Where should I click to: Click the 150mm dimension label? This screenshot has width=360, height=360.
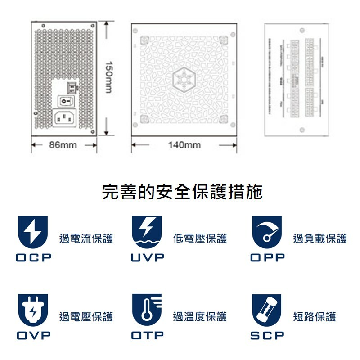point(108,77)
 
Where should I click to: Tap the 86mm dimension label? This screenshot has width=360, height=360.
point(63,145)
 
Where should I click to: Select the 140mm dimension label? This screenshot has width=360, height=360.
point(184,145)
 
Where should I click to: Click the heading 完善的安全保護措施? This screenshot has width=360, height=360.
point(182,192)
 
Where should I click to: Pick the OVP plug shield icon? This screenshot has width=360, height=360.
point(32,310)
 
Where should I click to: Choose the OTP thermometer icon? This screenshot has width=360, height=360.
point(147,310)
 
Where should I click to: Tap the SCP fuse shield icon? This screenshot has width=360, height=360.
point(267,310)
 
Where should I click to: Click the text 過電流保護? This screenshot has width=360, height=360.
point(86,238)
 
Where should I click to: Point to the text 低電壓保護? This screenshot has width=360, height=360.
point(200,238)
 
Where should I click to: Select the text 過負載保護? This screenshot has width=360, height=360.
point(320,238)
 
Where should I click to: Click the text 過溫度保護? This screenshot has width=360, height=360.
point(200,317)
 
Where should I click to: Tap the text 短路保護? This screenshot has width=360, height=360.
point(315,317)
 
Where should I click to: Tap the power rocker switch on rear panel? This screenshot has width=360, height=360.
point(65,102)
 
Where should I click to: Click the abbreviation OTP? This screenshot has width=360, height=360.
point(147,336)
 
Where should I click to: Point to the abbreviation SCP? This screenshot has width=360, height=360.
point(267,336)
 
